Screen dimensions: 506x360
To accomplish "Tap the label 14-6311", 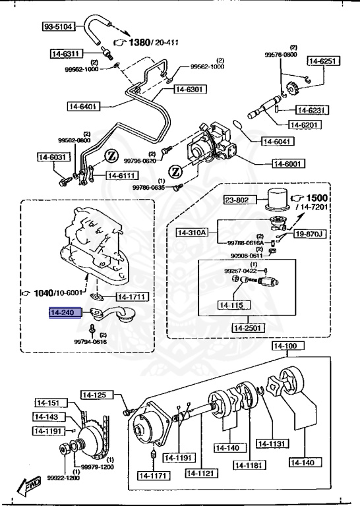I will click(66, 53).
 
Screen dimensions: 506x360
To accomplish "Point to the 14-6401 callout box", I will click(83, 105).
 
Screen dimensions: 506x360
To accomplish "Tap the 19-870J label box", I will click(309, 233).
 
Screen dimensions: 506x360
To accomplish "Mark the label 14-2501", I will click(246, 327).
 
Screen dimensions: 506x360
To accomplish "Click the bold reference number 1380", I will click(139, 43).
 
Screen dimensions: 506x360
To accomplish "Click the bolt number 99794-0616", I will click(90, 342).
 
